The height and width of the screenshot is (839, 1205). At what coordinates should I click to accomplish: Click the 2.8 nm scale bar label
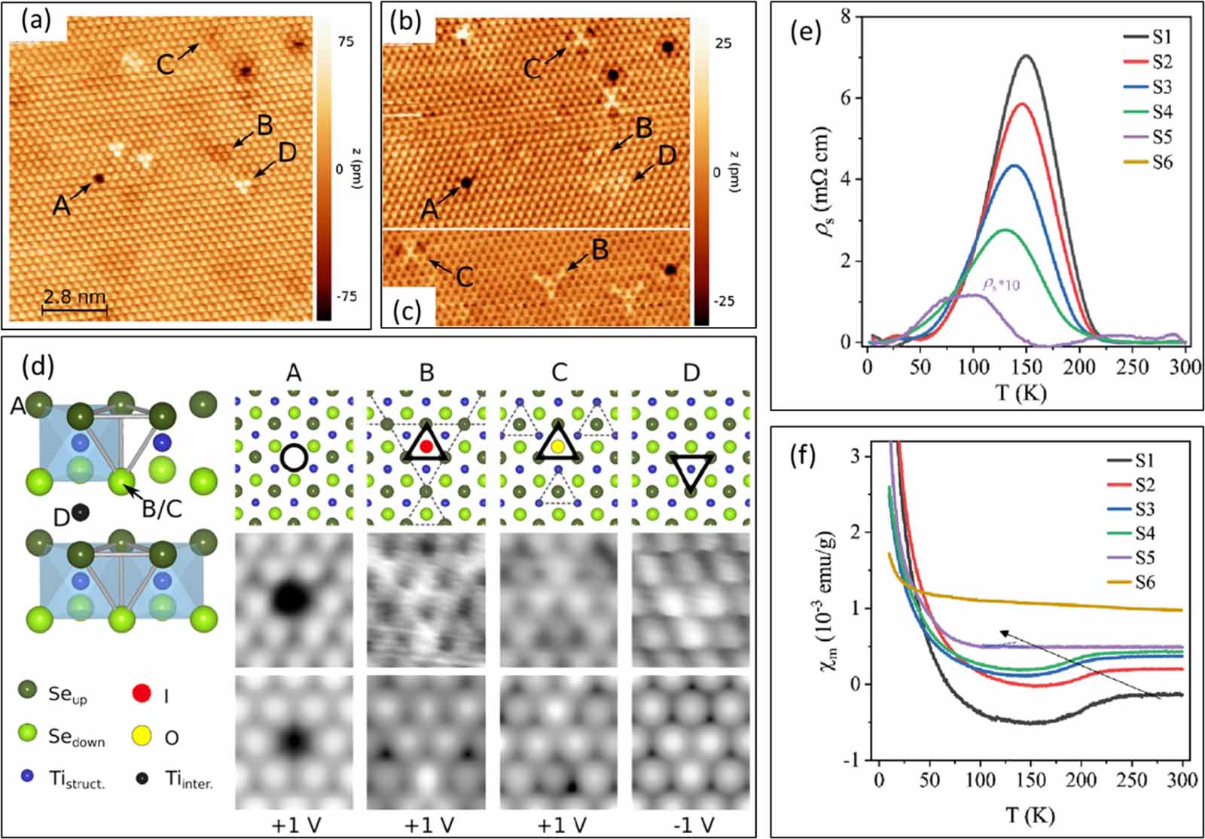tap(73, 296)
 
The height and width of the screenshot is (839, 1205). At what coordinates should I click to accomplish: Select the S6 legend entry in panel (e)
tap(1161, 162)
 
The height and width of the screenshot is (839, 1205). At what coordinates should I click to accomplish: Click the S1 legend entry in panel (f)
tap(1144, 460)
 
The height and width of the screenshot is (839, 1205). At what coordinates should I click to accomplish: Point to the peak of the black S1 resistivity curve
tap(1026, 56)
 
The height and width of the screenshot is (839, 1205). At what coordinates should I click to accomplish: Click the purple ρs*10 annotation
tap(1001, 285)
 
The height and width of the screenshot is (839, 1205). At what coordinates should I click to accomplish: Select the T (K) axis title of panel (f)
tap(1030, 814)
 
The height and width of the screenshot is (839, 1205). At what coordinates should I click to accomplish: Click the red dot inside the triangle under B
tap(426, 446)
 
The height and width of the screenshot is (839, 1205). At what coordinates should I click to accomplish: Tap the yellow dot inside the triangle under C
tap(557, 447)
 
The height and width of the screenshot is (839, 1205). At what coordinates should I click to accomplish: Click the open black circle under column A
tap(293, 456)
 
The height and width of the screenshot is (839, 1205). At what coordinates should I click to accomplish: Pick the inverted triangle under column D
tap(691, 471)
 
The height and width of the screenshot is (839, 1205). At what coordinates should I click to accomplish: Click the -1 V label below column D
tap(691, 825)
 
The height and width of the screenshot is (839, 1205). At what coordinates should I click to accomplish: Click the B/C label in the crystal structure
tap(162, 509)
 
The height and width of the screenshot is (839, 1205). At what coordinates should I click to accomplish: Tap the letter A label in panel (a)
tap(61, 205)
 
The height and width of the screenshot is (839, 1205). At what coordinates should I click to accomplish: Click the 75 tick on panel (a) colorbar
tap(346, 42)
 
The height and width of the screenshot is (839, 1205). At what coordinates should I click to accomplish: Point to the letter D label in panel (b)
tap(667, 156)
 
